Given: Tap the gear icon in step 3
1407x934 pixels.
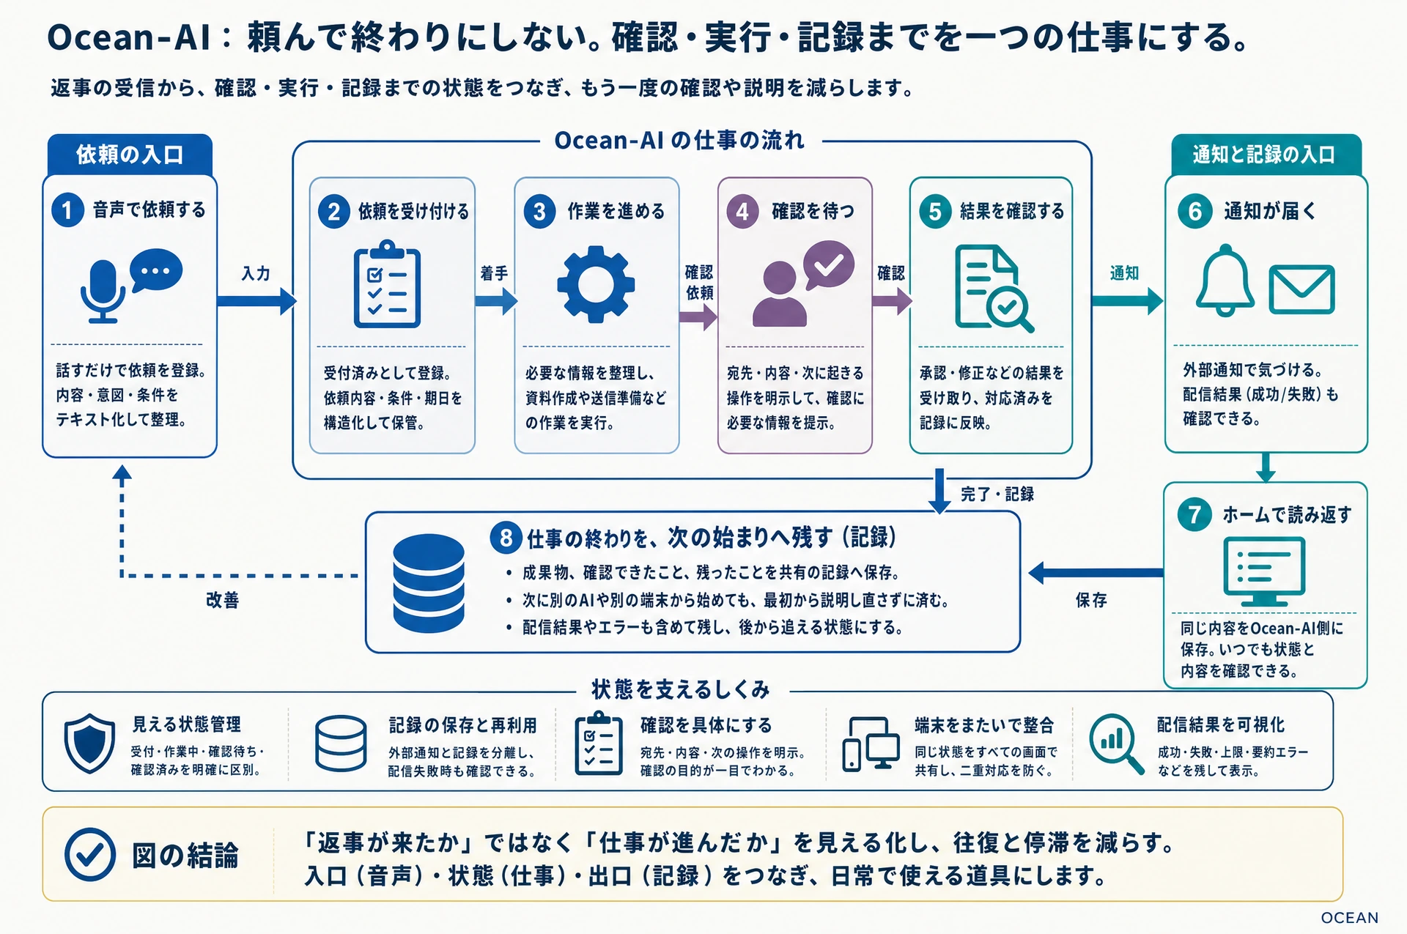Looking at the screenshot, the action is (595, 284).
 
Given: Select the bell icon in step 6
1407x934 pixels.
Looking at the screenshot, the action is (1225, 282).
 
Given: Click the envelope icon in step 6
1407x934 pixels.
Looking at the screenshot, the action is (1301, 289).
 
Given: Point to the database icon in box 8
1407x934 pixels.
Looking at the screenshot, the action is (429, 583).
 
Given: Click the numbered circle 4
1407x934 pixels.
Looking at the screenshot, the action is (742, 212).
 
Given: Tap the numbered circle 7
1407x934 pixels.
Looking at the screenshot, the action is (1194, 514).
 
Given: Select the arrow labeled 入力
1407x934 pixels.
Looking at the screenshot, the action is (257, 300).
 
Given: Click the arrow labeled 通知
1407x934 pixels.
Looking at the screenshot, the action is (1127, 300).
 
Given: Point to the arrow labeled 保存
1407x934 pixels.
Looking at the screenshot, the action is (1096, 573).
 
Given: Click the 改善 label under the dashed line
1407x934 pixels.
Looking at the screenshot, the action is (222, 601).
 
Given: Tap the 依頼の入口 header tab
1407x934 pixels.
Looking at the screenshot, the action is (130, 155).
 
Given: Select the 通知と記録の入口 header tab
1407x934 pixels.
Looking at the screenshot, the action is (1266, 155).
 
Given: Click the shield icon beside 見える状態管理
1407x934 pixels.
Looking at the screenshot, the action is (89, 743).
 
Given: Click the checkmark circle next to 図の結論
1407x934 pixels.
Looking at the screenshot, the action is (90, 854).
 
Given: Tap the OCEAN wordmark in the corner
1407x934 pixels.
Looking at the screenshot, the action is (1349, 918).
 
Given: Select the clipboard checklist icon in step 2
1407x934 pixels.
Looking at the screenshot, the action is (387, 284).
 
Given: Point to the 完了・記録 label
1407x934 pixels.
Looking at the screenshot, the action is (997, 494).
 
